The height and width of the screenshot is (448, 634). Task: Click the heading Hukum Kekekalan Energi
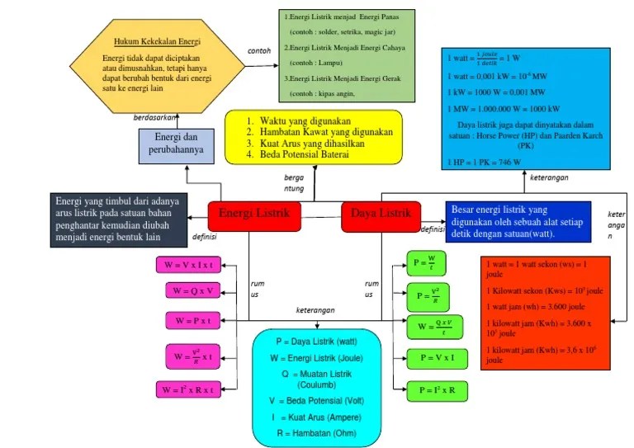point(157,40)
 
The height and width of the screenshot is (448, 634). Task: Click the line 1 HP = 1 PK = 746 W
point(485,163)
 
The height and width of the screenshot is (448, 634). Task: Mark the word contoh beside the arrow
point(259,50)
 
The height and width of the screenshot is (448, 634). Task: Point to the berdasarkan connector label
point(155,117)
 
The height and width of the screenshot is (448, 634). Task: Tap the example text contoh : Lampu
point(315,63)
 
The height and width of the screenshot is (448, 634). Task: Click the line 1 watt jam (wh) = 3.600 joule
point(532,307)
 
